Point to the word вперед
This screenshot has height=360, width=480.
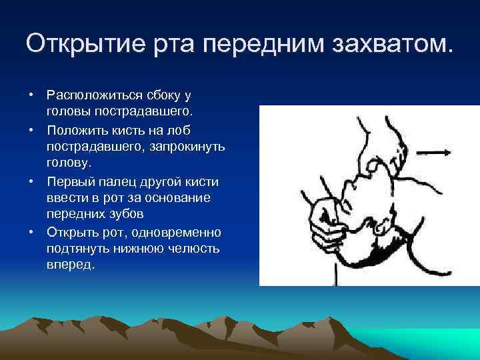point(71,265)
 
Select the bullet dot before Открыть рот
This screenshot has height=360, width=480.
point(31,232)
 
